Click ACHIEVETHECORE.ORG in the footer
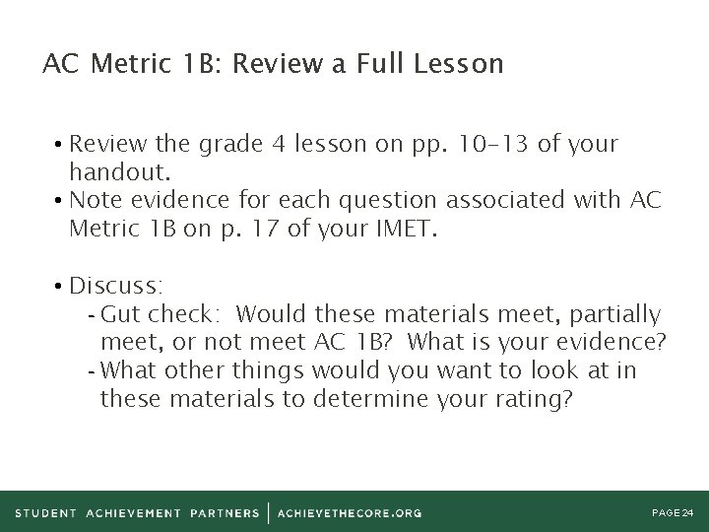350,513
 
